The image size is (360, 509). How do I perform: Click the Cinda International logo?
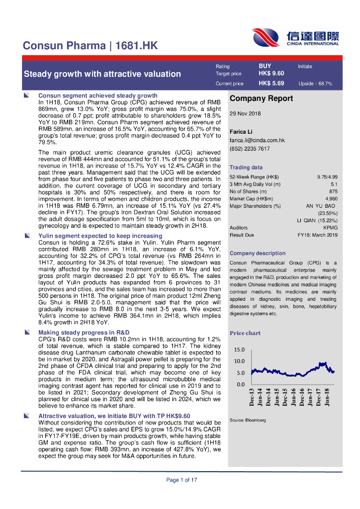[x=295, y=37]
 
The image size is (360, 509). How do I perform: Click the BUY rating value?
[x=265, y=66]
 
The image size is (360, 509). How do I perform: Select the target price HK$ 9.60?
[x=271, y=74]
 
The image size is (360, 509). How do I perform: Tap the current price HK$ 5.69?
[x=271, y=84]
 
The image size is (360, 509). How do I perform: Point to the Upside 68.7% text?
[x=315, y=84]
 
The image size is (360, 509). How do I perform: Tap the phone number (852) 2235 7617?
[x=250, y=149]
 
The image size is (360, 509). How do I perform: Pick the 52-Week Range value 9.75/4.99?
[x=327, y=177]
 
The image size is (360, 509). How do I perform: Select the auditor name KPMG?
[x=330, y=227]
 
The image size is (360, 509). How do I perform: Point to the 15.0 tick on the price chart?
[x=239, y=349]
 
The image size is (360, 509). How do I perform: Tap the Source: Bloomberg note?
[x=248, y=420]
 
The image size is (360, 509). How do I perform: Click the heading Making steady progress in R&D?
[x=84, y=332]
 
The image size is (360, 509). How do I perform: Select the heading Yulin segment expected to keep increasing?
[x=100, y=236]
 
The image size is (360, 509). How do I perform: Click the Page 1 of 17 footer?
[x=181, y=480]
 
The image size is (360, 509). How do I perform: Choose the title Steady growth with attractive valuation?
[x=102, y=74]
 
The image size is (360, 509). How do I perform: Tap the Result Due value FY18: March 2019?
[x=317, y=235]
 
